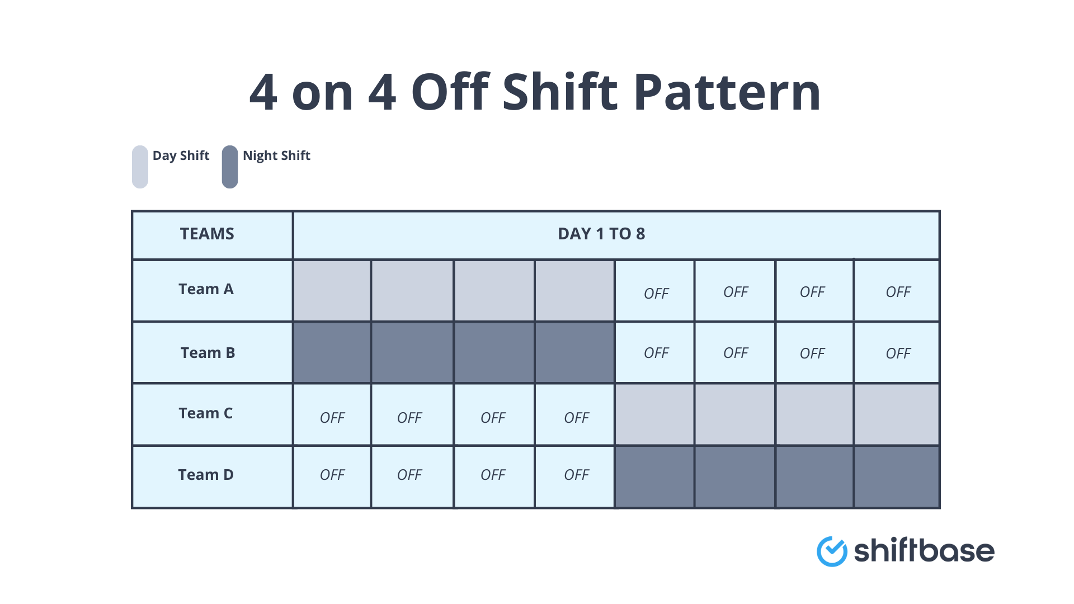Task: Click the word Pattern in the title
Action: (x=727, y=92)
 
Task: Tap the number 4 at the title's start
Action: (x=263, y=92)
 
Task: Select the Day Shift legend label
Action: (x=181, y=155)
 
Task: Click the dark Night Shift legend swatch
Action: (x=230, y=167)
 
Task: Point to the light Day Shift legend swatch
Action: (x=140, y=167)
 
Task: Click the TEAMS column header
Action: (x=207, y=234)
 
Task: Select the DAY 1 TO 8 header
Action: (x=601, y=234)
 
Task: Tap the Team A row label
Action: (x=206, y=289)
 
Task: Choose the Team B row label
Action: (x=208, y=353)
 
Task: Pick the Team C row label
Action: (x=205, y=413)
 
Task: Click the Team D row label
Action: (x=206, y=475)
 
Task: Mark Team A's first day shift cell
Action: (x=332, y=291)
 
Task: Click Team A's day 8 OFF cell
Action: (x=897, y=291)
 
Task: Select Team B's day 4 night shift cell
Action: (x=574, y=352)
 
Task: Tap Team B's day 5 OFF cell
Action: (x=656, y=353)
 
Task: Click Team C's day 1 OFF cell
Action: (x=332, y=417)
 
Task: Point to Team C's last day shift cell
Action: (x=896, y=414)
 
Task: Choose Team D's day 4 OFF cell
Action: (x=576, y=475)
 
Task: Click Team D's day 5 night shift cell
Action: (x=654, y=476)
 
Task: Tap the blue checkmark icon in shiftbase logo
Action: (x=832, y=551)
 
